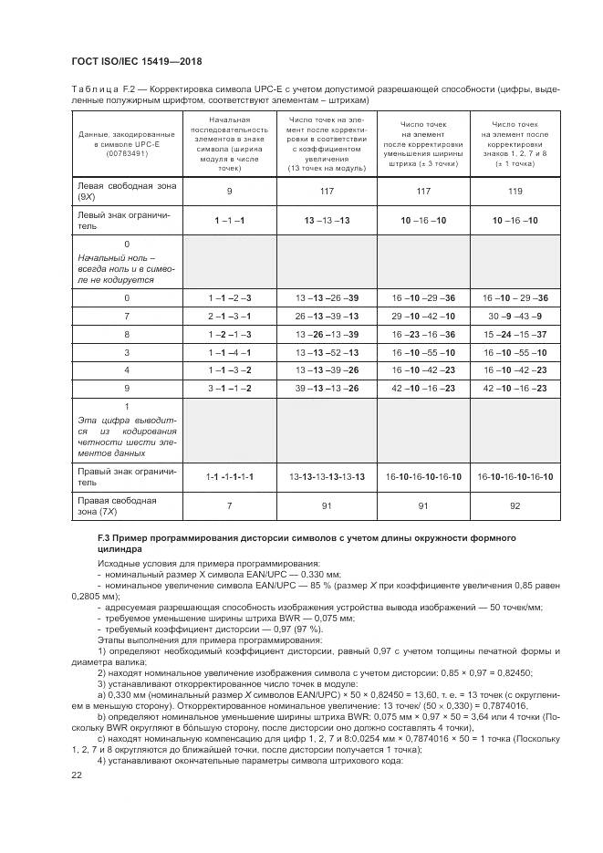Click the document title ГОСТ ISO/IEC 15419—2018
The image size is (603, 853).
tap(136, 61)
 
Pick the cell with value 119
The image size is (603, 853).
tap(515, 192)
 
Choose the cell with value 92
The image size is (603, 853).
tap(515, 506)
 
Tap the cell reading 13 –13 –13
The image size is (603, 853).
tap(327, 221)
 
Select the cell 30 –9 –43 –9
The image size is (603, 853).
tap(515, 316)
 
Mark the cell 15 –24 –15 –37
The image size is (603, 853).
tap(515, 334)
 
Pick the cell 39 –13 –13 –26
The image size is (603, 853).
tap(327, 388)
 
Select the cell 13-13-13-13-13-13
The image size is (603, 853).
tap(327, 477)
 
